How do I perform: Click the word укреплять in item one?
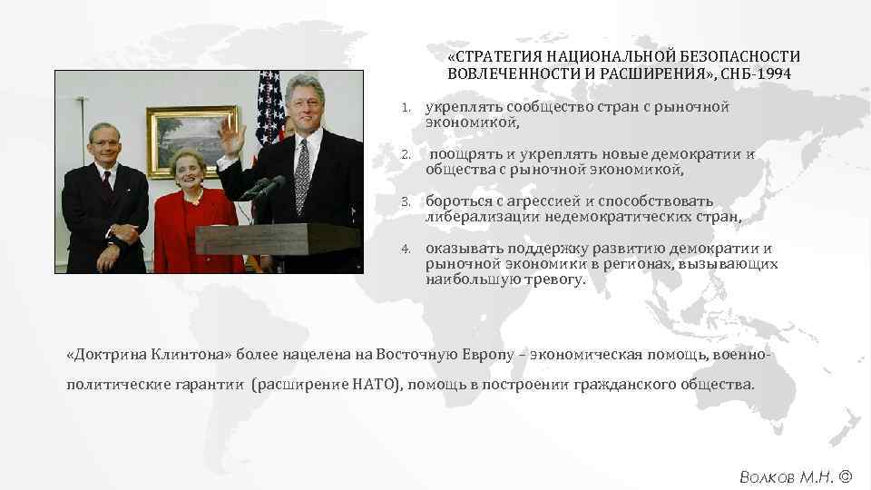(x=464, y=107)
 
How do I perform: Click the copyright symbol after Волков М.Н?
(x=846, y=475)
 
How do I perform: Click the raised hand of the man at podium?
(x=233, y=140)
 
